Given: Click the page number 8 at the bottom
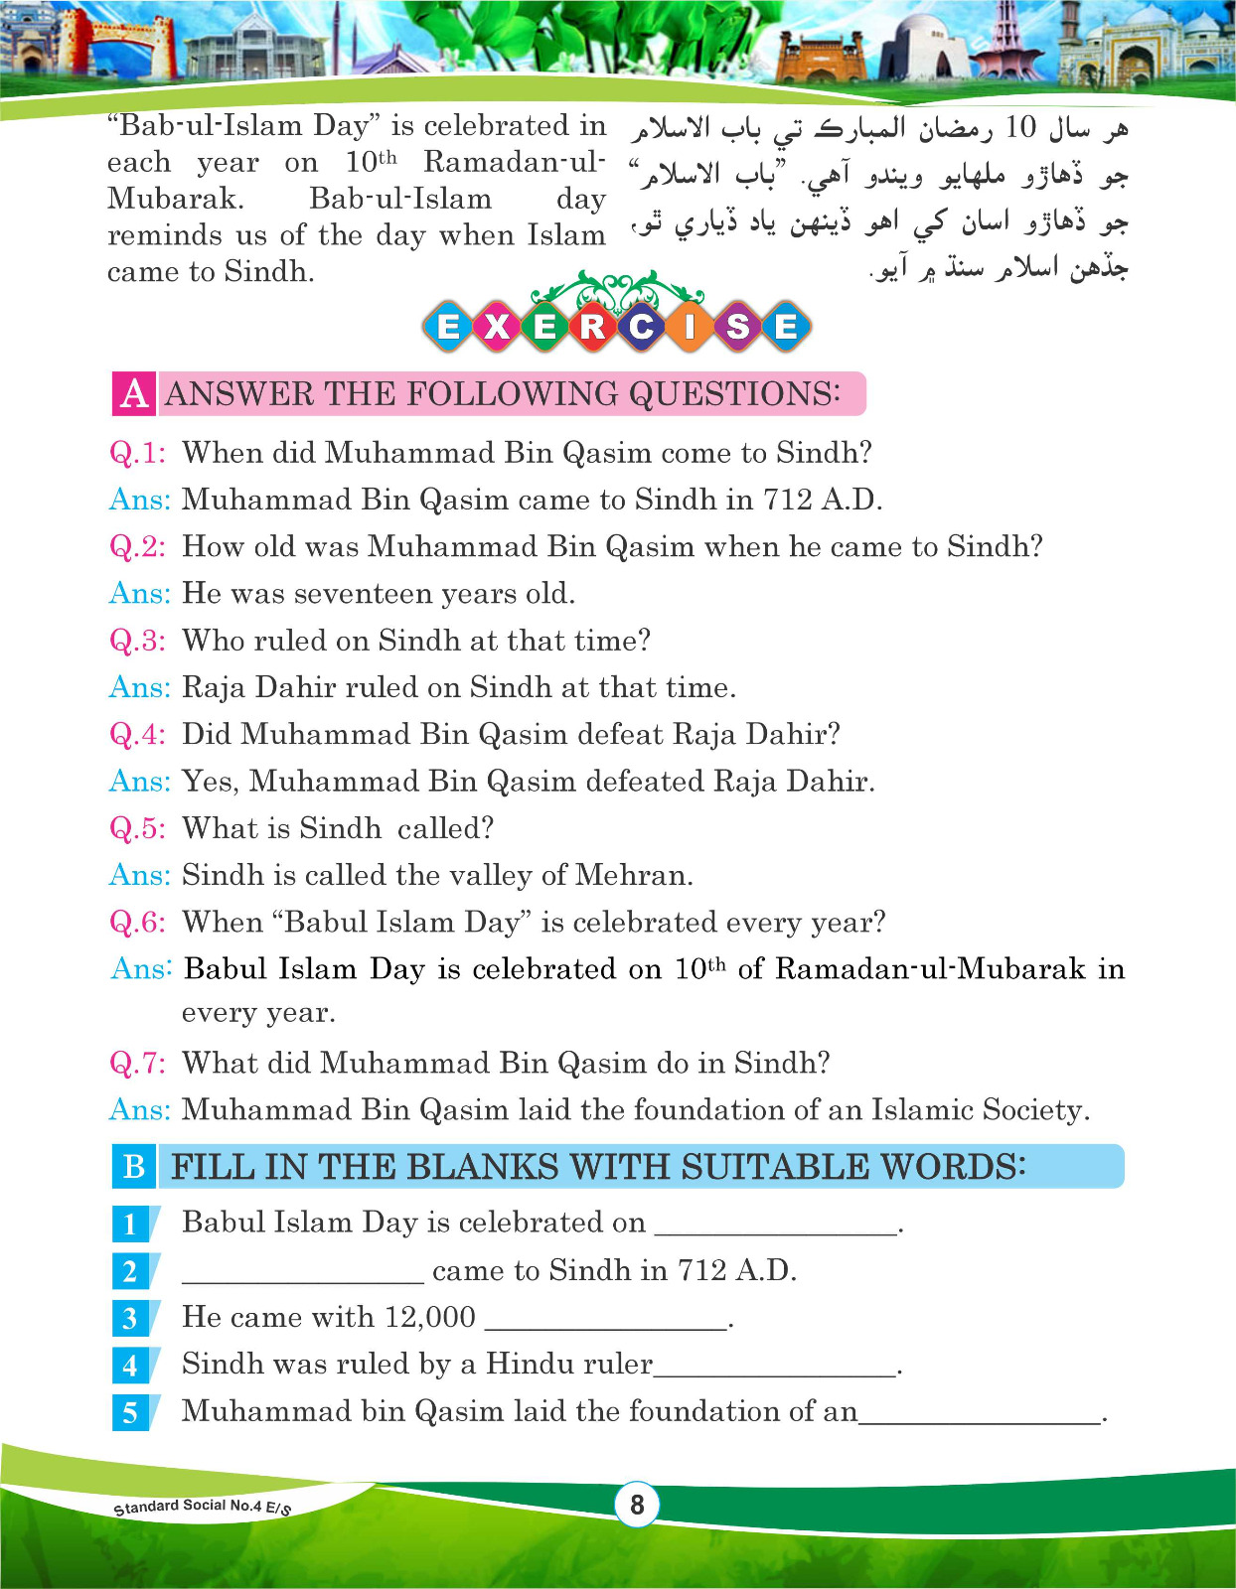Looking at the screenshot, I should point(637,1505).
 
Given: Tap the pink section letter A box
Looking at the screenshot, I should point(134,394).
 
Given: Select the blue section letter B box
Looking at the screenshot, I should point(134,1166).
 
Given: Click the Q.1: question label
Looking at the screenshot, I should point(137,453).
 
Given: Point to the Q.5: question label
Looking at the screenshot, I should point(137,828).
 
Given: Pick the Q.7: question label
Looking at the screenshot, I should point(137,1063).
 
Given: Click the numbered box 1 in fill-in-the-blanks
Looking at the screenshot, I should point(130,1224).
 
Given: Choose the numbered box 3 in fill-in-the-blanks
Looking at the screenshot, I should point(130,1318).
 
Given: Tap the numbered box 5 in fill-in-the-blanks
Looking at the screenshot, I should point(130,1412).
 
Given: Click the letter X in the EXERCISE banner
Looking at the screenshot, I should point(496,326).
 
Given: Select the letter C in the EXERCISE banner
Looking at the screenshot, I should point(641,326).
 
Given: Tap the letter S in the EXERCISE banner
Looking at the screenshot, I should point(737,326).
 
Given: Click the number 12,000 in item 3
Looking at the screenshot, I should point(429,1317).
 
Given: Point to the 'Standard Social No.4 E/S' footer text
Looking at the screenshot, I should point(203,1507).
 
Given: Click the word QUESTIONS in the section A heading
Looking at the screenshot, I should point(734,394).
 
